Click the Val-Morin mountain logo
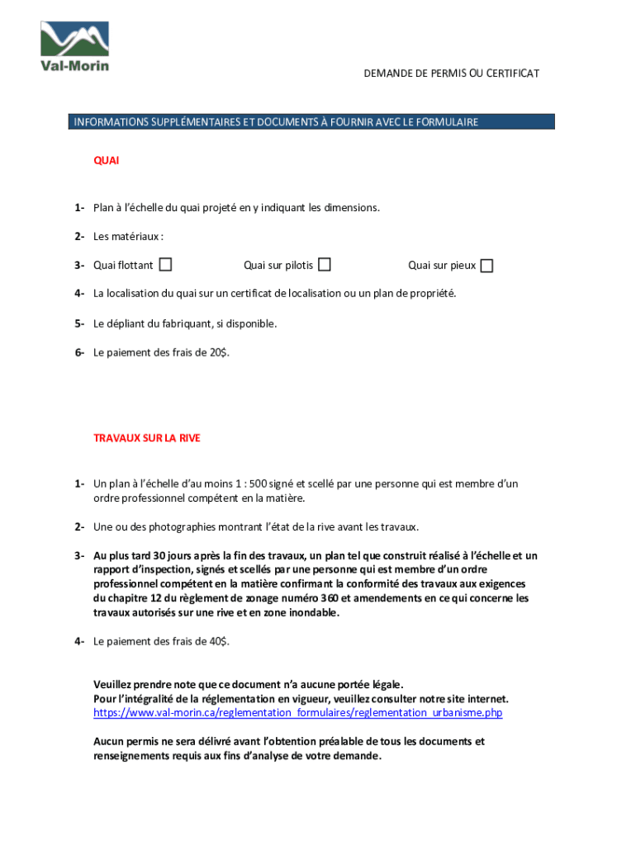(74, 45)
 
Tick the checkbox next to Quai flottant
(166, 265)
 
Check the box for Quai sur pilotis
(325, 265)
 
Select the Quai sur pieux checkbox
(487, 266)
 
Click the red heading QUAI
(106, 161)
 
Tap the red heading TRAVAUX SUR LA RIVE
(146, 438)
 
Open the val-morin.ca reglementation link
(297, 712)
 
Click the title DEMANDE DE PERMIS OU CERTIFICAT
(451, 73)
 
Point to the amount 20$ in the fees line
(219, 352)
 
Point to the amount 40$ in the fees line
(219, 640)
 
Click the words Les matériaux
(127, 237)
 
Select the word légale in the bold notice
(383, 684)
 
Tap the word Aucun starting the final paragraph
(108, 741)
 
